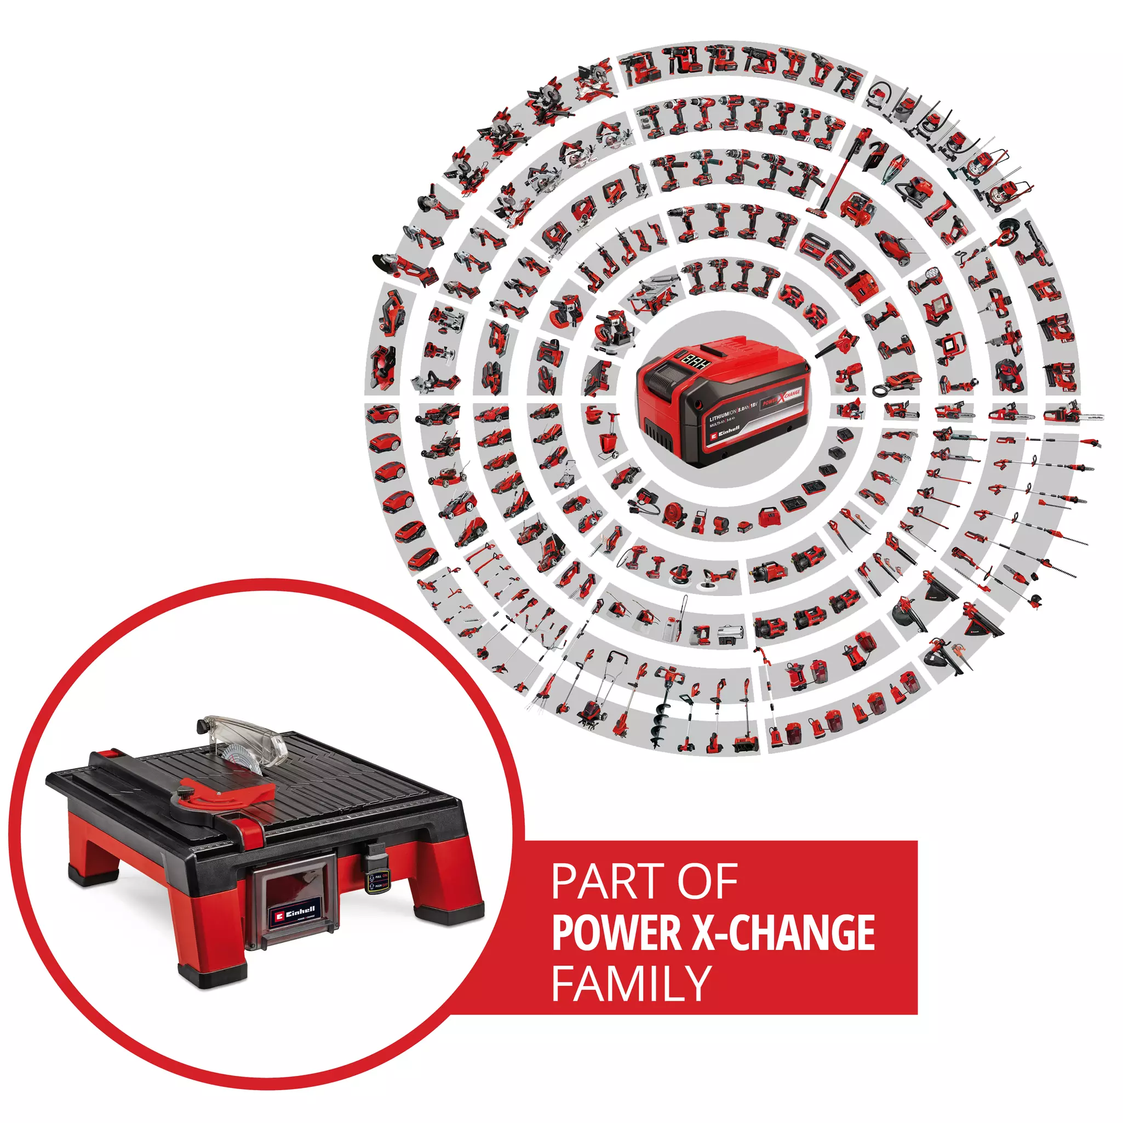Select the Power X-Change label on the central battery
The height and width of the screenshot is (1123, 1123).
781,399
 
